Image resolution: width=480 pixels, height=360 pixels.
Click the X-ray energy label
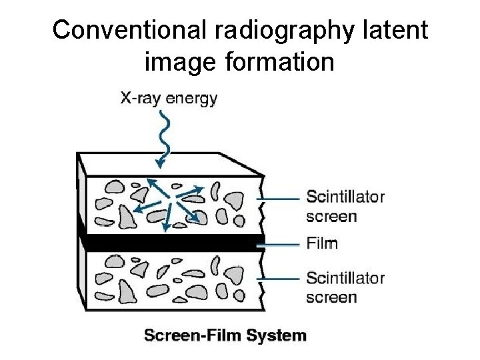point(168,99)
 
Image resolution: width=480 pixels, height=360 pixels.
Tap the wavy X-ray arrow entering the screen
point(165,137)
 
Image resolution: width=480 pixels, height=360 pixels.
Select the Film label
point(322,243)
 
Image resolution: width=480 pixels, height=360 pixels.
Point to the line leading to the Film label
point(280,244)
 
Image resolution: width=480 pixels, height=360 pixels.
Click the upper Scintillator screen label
point(345,206)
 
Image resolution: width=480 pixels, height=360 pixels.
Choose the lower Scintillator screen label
point(345,287)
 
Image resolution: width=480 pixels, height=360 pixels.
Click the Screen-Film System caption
point(225,335)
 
